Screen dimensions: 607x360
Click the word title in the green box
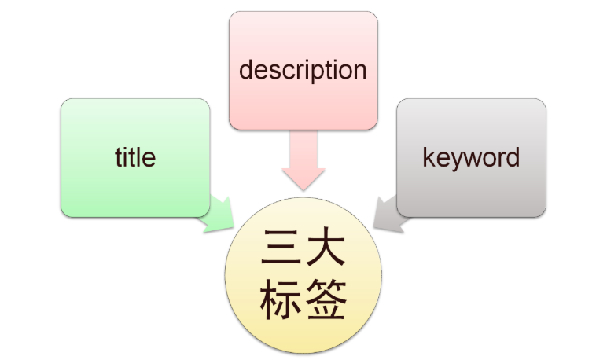point(135,157)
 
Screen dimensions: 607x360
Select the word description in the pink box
point(303,70)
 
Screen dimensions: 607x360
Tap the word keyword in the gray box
point(471,157)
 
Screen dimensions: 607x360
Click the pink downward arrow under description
point(303,161)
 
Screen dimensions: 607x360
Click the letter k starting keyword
point(429,157)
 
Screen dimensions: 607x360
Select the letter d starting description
point(246,70)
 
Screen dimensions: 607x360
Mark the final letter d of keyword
point(513,157)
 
